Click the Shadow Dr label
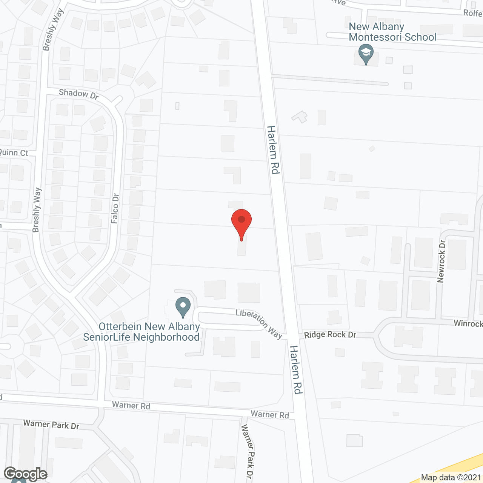click(78, 94)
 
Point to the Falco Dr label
click(115, 208)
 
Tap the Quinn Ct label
click(14, 152)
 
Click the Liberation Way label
click(259, 324)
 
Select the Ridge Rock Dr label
click(330, 335)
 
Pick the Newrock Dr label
click(441, 261)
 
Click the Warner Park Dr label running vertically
click(248, 451)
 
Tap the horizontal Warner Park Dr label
click(51, 425)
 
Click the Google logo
click(25, 474)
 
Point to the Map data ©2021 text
click(451, 478)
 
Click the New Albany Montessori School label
click(392, 32)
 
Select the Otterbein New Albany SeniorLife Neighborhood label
click(142, 332)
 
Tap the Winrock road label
click(468, 323)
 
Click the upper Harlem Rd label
click(273, 150)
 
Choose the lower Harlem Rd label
click(296, 369)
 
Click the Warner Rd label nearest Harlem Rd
click(270, 414)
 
